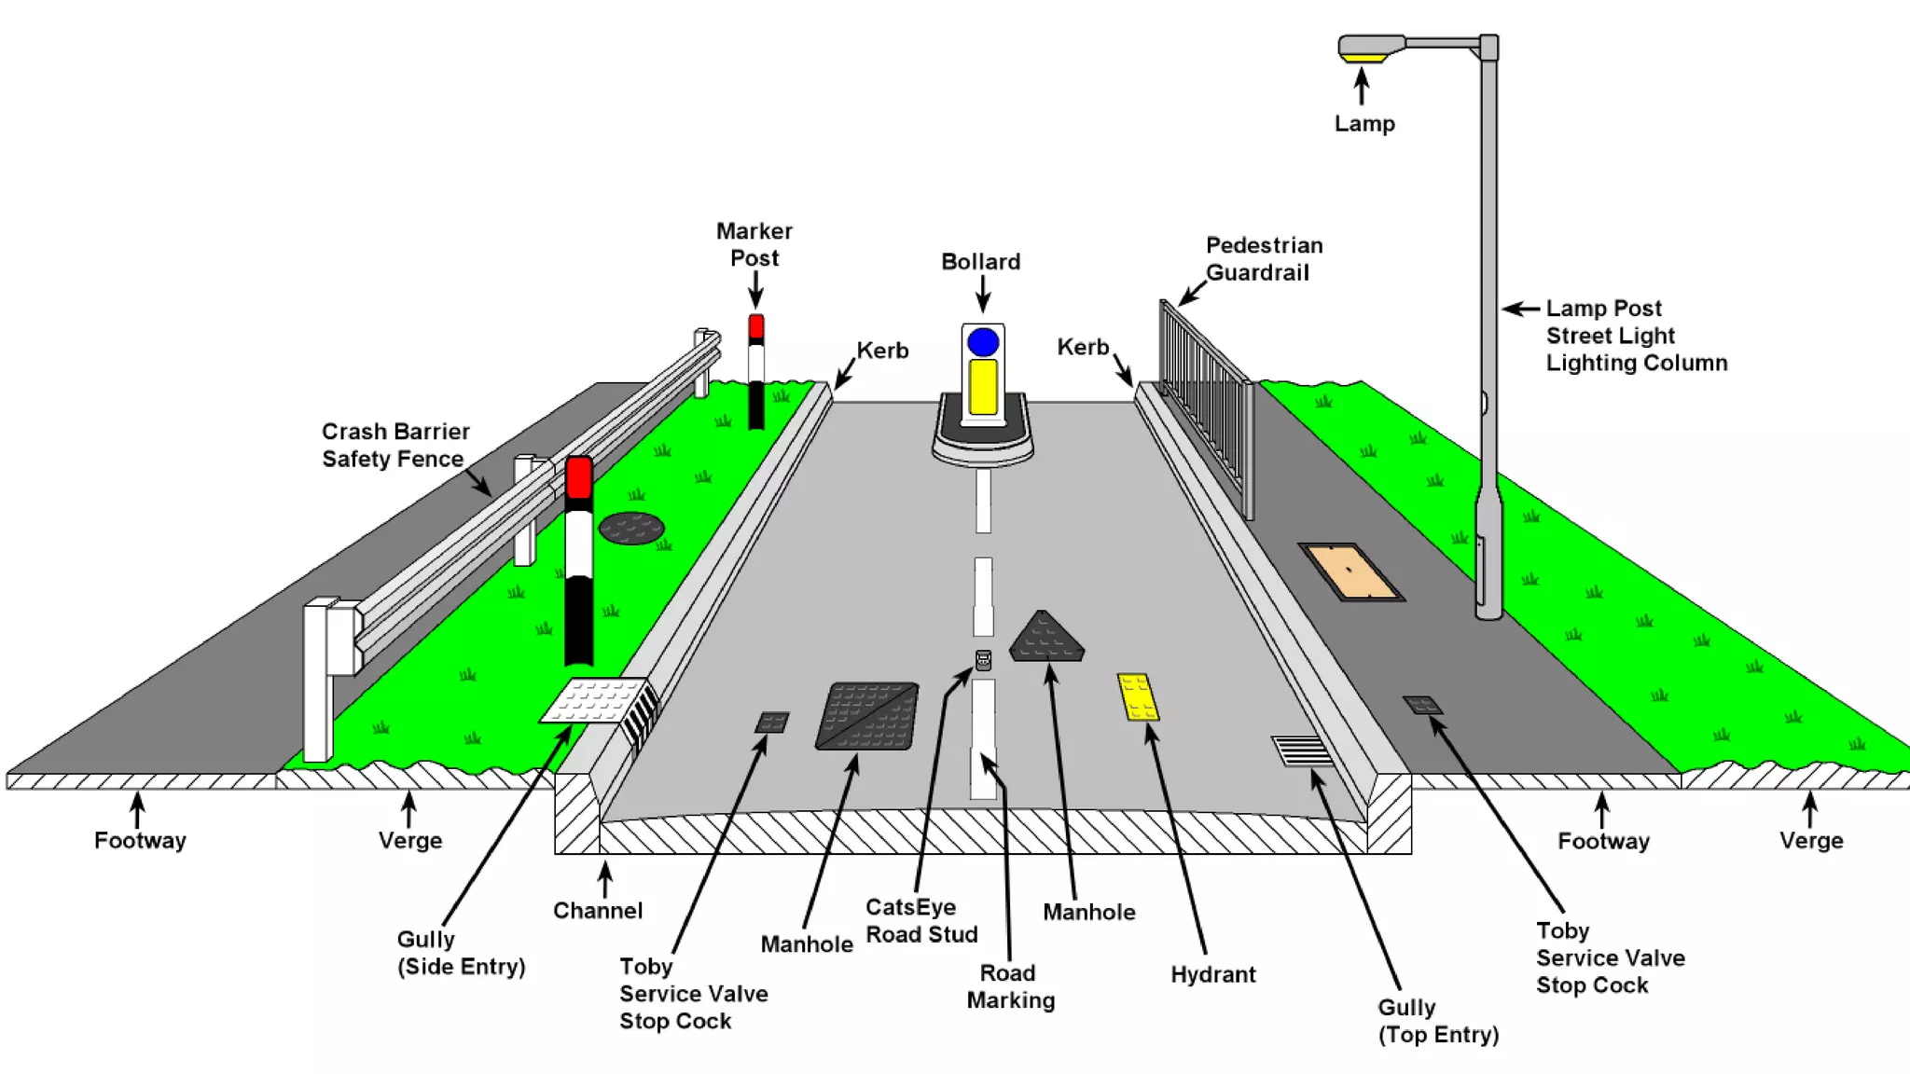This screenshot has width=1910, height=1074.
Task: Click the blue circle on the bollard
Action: pos(983,342)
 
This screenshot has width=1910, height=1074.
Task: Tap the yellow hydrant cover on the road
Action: pos(1138,697)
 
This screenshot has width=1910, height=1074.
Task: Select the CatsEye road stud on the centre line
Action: pos(983,660)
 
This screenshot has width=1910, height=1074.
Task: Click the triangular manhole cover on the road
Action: pos(1046,639)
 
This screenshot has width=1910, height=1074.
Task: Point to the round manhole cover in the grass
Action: pos(631,528)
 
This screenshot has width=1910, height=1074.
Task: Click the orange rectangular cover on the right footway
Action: pos(1350,571)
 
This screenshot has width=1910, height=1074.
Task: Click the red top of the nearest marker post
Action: pos(578,476)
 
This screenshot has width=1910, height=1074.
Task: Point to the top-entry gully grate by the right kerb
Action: pos(1302,750)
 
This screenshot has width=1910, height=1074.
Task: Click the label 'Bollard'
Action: pos(980,262)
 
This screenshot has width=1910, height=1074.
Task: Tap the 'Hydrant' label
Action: pos(1212,974)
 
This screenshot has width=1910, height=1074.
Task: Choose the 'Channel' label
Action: pos(598,910)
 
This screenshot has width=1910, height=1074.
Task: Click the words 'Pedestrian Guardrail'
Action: pos(1264,259)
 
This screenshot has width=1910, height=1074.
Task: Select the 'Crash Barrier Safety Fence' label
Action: pos(394,445)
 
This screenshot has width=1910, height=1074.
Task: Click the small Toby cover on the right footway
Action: pos(1423,705)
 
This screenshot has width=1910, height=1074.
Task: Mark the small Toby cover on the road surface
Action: pos(772,722)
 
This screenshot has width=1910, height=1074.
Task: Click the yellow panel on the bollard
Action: pos(983,386)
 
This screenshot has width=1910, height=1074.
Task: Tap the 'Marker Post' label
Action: pos(754,244)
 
